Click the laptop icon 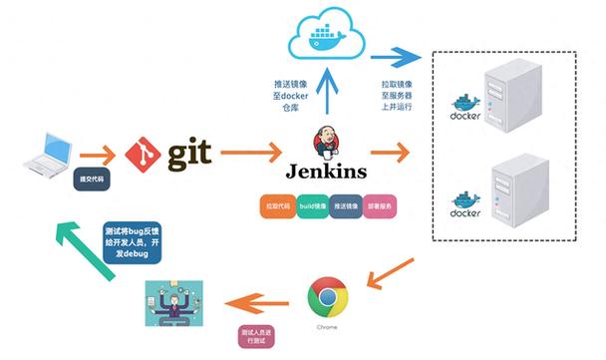coord(44,152)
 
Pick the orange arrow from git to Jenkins coord(250,154)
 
